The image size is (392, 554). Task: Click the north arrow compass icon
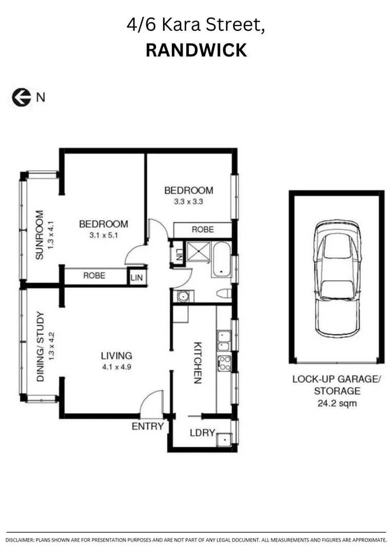point(22,97)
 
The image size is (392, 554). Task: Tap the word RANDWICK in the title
point(196,50)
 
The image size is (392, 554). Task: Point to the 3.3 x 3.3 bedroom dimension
point(188,202)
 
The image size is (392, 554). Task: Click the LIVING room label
point(116,355)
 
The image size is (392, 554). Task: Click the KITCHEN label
point(198,363)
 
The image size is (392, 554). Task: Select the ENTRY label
point(148,426)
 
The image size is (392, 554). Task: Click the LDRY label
point(202,433)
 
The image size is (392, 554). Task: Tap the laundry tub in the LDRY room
point(224,440)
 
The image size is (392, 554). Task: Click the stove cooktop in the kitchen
point(224,363)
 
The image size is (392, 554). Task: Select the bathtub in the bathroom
point(221,260)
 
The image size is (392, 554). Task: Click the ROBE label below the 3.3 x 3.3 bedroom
point(203,230)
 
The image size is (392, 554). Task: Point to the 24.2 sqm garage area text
point(336,403)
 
